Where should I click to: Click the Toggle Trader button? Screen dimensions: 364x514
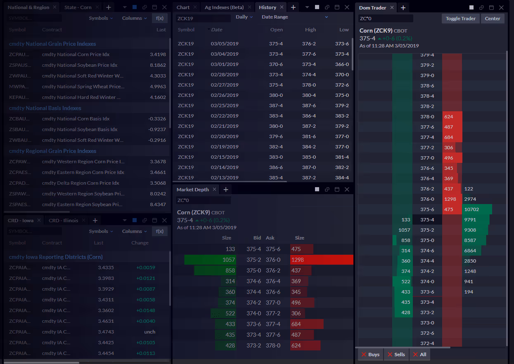pos(461,19)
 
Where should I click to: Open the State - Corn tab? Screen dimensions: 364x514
pos(78,7)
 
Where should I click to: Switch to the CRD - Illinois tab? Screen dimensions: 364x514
pos(63,221)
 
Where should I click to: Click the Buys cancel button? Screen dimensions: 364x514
pos(370,355)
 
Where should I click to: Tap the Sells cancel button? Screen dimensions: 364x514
pos(396,355)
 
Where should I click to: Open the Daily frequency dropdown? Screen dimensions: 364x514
pos(244,17)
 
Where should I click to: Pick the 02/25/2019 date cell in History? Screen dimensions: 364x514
pos(225,106)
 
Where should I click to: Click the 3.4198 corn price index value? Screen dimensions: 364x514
pos(158,54)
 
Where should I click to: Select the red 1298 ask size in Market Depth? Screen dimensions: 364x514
pos(298,260)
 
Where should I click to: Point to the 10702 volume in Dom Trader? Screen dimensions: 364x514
pos(471,209)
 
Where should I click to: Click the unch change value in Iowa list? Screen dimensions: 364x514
pos(150,332)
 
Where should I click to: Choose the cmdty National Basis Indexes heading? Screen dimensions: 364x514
pos(45,108)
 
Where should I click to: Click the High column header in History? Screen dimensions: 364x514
pos(310,30)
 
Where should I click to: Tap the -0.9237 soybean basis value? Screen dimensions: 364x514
pos(157,129)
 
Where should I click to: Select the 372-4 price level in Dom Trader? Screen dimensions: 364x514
pos(427,343)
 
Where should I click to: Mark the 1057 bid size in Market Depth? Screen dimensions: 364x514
pos(228,260)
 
